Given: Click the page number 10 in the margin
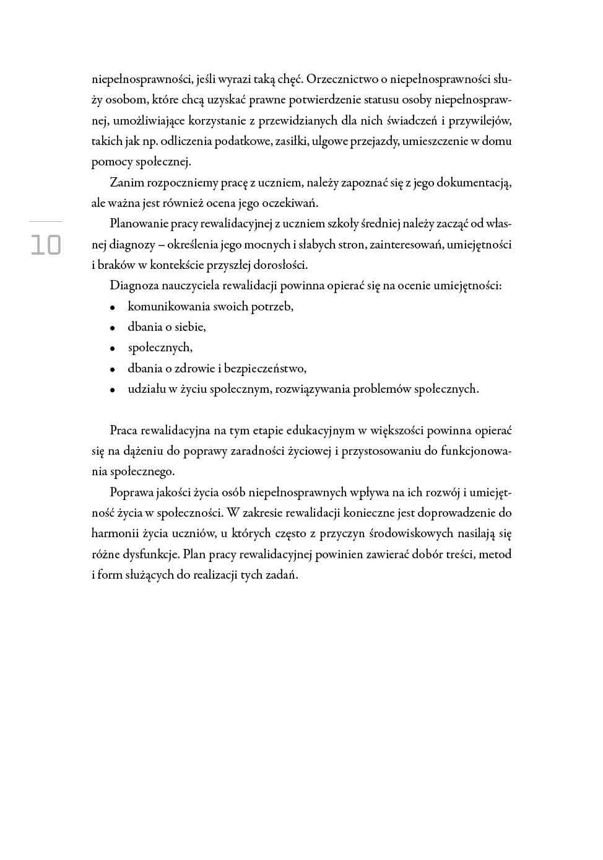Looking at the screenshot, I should click(x=46, y=245).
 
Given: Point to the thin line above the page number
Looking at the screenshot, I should click(x=46, y=221).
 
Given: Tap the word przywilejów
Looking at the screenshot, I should click(x=480, y=121).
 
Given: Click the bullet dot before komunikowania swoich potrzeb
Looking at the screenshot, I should click(x=112, y=307).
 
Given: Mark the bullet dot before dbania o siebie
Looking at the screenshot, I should click(x=112, y=328).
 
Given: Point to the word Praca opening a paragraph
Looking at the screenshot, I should click(x=124, y=431).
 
